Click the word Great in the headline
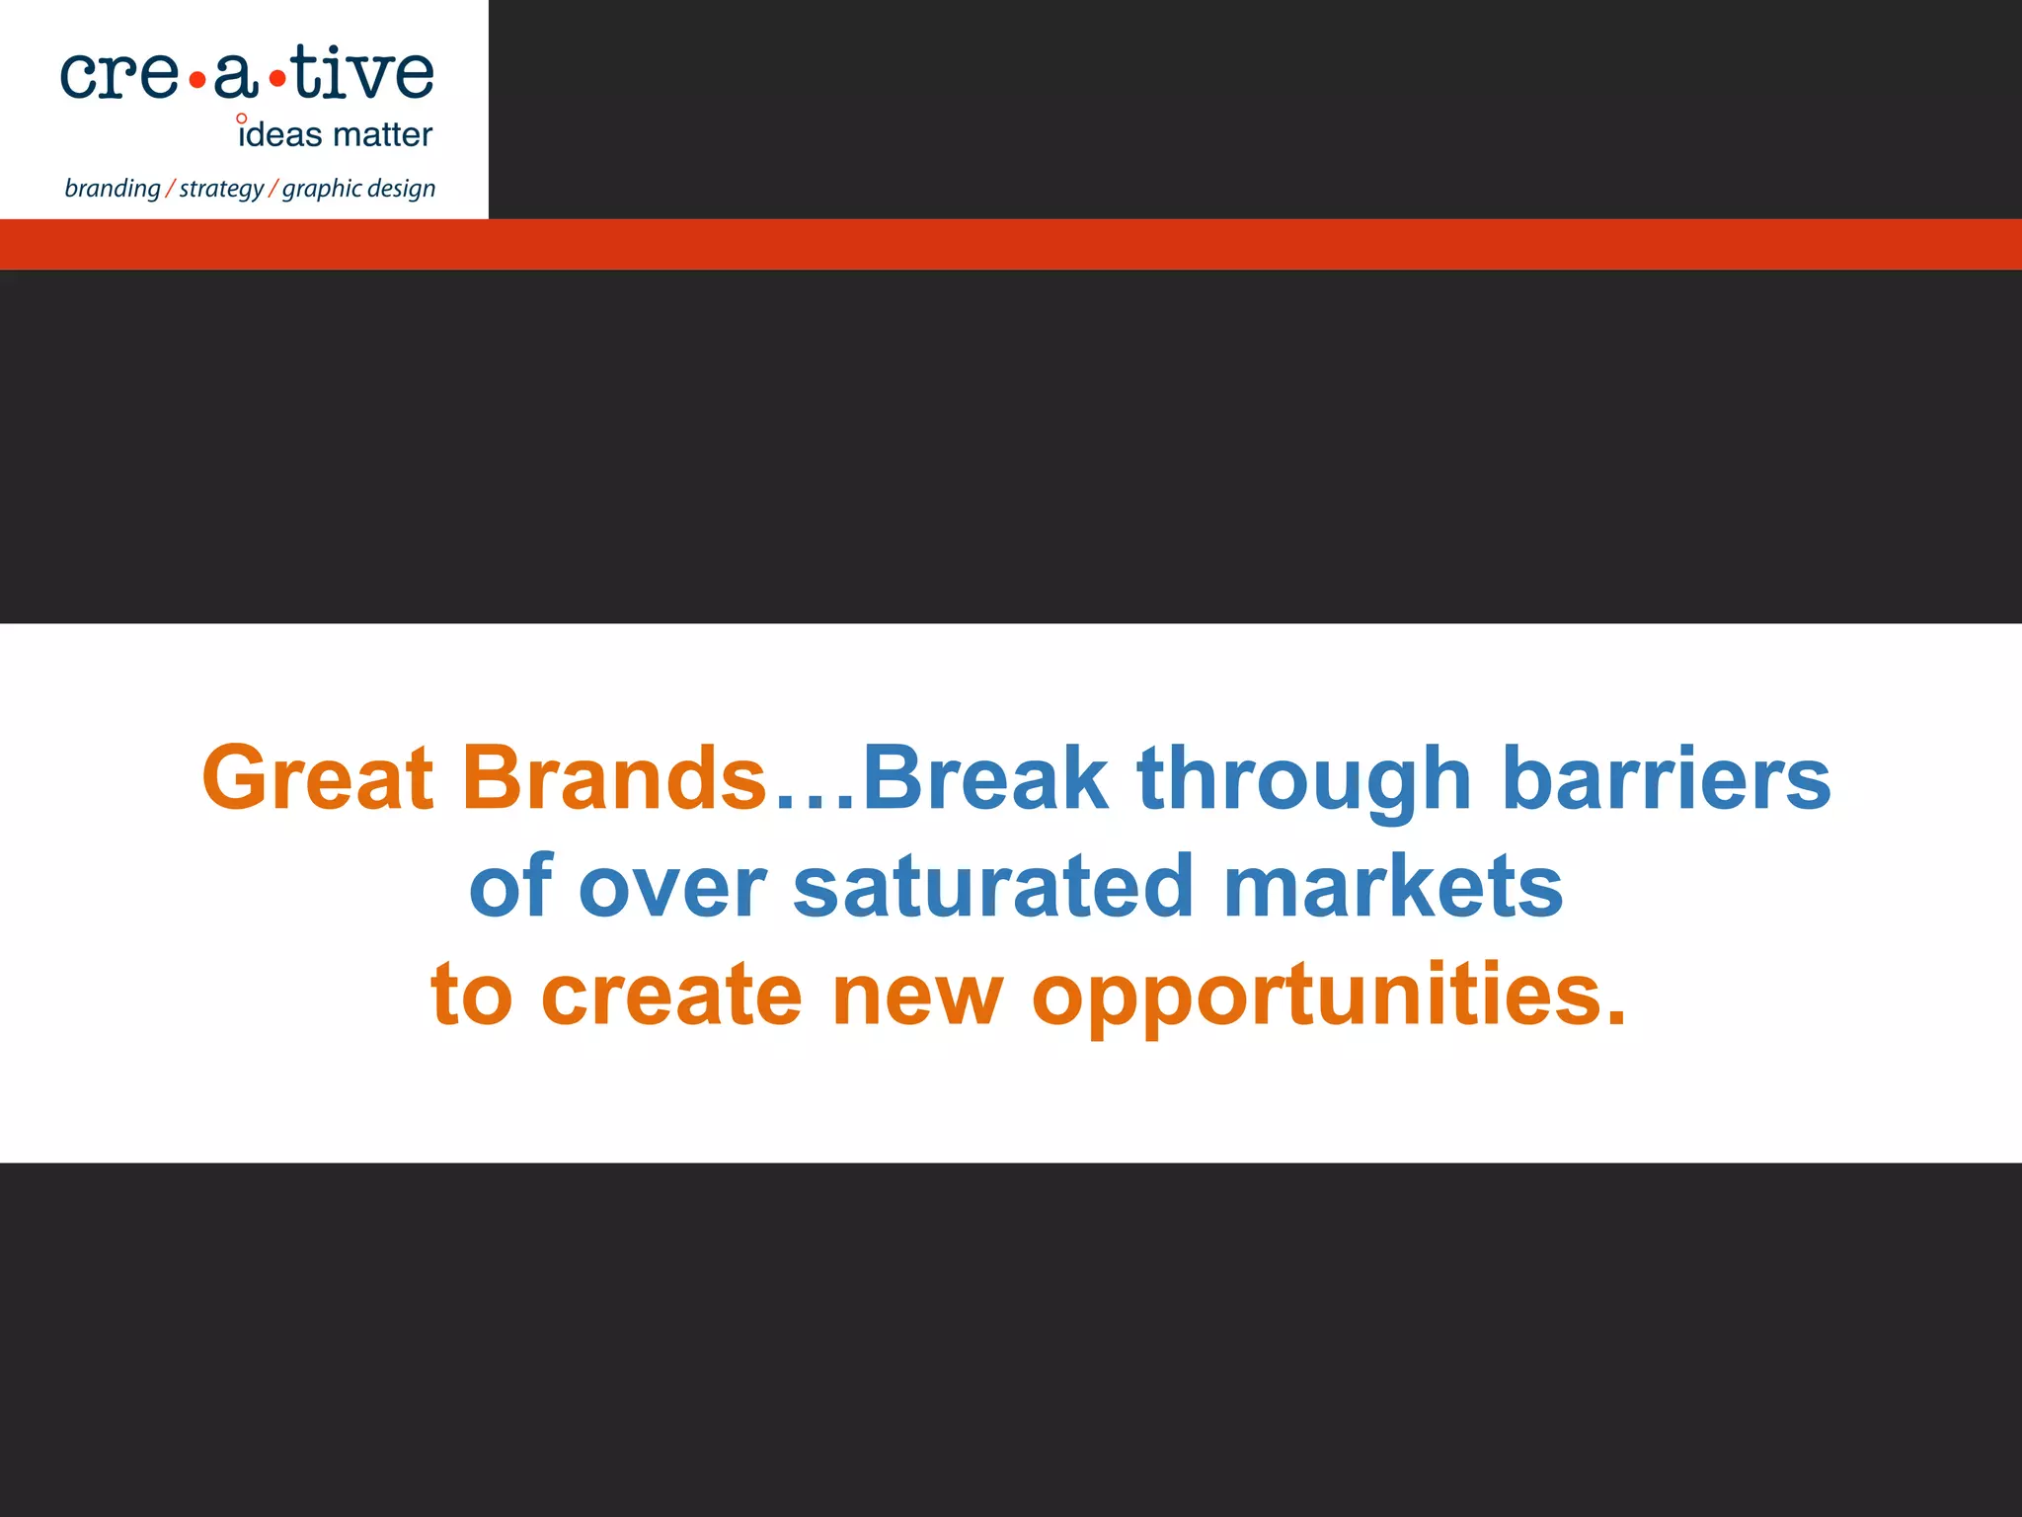click(x=317, y=778)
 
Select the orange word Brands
click(x=614, y=778)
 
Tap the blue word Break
click(x=985, y=778)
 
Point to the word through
click(x=1304, y=780)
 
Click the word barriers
click(x=1666, y=778)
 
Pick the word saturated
click(x=994, y=886)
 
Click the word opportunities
click(x=1328, y=996)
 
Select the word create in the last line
click(x=671, y=994)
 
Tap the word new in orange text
click(x=917, y=996)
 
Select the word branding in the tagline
click(x=112, y=189)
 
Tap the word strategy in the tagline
click(x=221, y=189)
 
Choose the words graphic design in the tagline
click(x=358, y=189)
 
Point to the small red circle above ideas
click(x=242, y=119)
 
